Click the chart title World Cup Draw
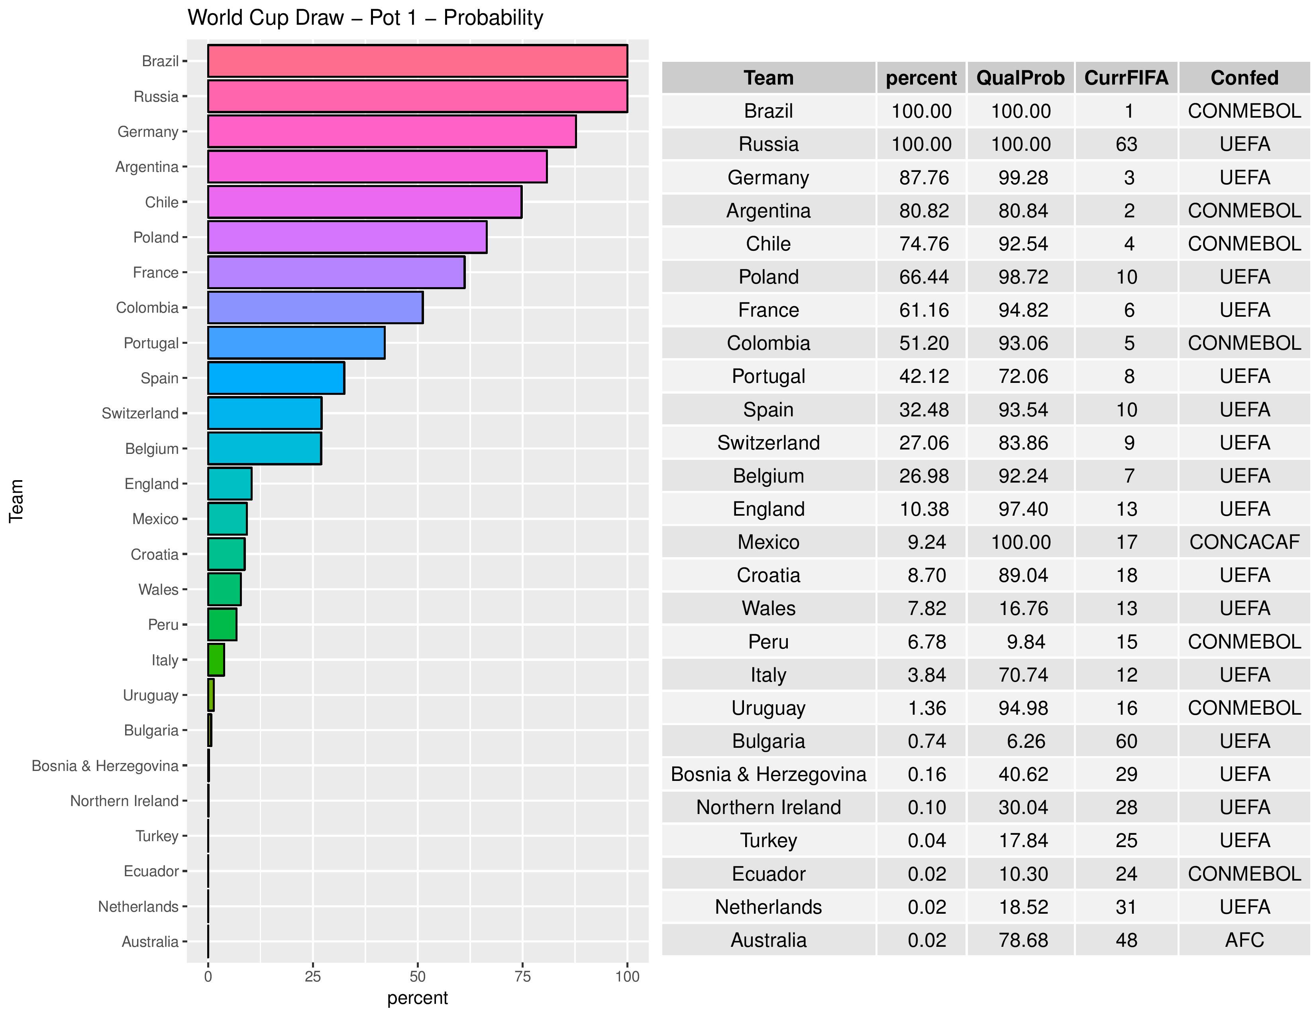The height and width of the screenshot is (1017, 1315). point(365,18)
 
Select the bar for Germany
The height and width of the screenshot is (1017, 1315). point(391,131)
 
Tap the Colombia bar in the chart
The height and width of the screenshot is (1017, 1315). point(315,307)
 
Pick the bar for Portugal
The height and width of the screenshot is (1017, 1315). point(296,343)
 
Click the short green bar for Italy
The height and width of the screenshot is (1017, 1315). point(216,660)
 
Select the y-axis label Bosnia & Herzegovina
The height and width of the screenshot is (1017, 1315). point(105,766)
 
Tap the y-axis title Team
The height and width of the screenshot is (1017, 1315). point(16,500)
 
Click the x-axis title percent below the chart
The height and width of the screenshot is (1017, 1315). point(417,998)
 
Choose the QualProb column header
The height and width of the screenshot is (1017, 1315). point(1020,78)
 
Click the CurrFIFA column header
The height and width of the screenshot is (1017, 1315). point(1126,78)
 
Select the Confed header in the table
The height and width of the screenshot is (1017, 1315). point(1244,78)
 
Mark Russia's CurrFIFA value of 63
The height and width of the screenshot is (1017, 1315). point(1126,144)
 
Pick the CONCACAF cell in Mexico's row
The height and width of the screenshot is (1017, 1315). point(1244,542)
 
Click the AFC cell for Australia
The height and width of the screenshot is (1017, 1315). point(1244,940)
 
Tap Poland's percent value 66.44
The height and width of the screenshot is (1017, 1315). point(924,276)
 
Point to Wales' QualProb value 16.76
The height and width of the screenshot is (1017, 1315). point(1023,608)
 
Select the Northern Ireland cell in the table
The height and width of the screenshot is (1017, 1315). point(768,807)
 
